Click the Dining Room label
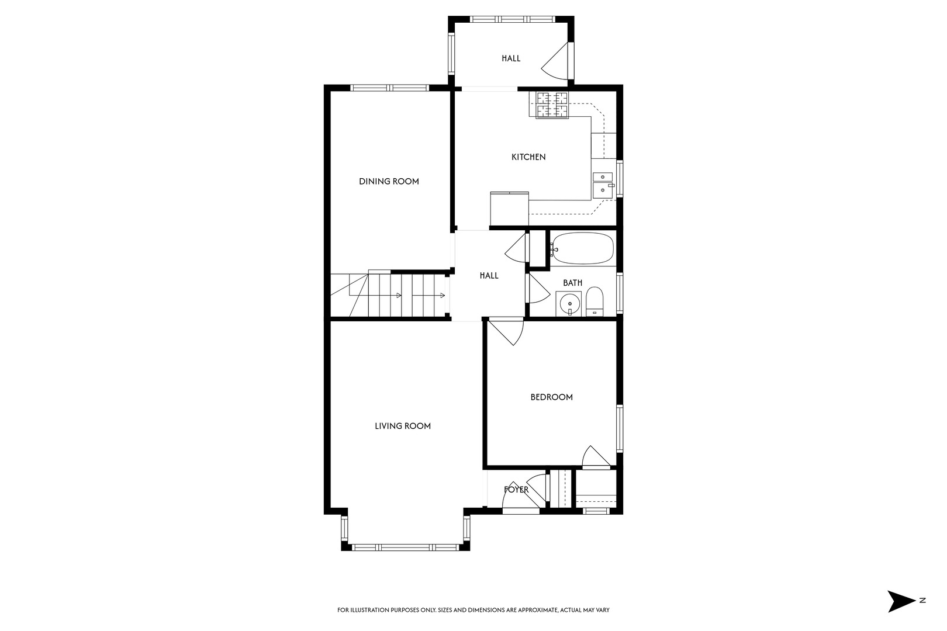coord(389,181)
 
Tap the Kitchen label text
coord(528,157)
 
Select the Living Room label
coord(403,426)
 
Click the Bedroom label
coord(551,397)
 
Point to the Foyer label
coord(516,490)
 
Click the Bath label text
coord(572,283)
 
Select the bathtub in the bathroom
coord(583,249)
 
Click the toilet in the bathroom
coord(595,301)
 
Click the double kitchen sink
coord(603,183)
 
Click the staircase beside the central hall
coord(389,295)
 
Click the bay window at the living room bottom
coord(406,547)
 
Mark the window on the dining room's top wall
coord(390,88)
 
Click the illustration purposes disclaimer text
coord(473,610)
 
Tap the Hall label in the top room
coord(511,58)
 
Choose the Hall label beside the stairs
coord(489,276)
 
